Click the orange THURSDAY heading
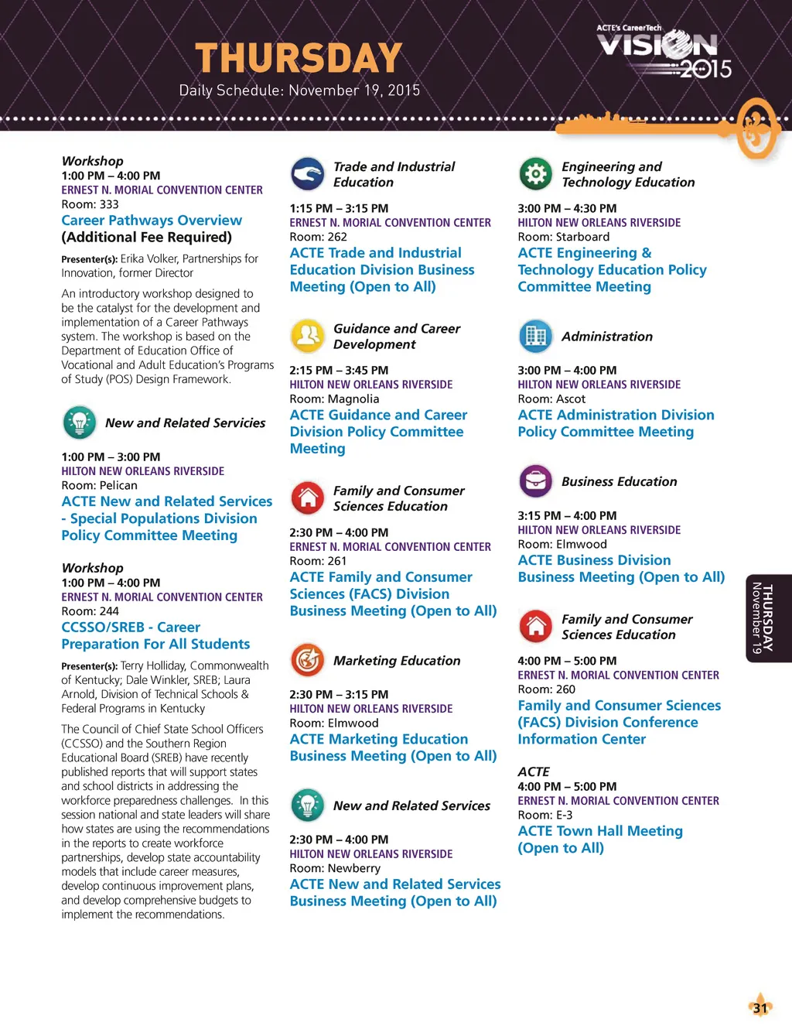[299, 58]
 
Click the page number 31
[760, 1007]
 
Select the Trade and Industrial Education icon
[307, 174]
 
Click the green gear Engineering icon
[535, 174]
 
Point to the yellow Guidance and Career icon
[307, 336]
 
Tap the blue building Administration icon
[535, 336]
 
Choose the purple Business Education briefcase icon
[535, 481]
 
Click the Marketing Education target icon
[307, 660]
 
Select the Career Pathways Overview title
[152, 221]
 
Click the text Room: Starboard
[563, 237]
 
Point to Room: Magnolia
[334, 399]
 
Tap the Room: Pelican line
[99, 486]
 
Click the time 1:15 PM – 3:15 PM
[339, 208]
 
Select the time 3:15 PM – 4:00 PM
[567, 515]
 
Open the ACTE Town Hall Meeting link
[600, 831]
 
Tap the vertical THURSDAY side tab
[768, 618]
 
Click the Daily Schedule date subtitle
[299, 91]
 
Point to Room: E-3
[545, 815]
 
